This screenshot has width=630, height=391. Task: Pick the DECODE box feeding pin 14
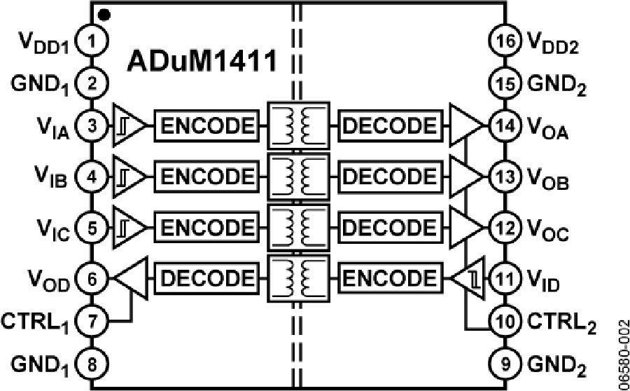point(390,126)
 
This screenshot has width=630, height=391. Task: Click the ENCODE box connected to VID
point(390,278)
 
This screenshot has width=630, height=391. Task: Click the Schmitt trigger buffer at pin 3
point(127,126)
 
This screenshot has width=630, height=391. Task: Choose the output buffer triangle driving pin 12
point(464,228)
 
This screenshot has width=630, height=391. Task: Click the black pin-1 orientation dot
point(104,13)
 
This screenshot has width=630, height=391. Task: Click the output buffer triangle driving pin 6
point(130,278)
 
